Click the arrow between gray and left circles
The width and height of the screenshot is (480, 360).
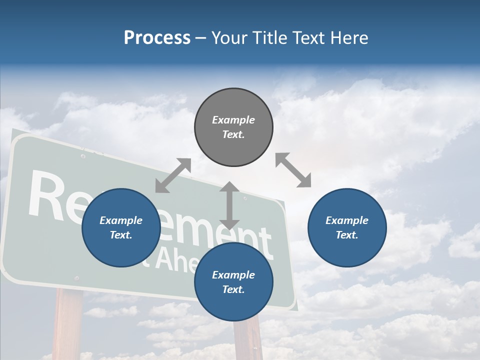[173, 175]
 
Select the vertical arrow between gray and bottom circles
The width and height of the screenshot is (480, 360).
[229, 205]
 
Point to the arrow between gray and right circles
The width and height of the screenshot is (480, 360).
[293, 170]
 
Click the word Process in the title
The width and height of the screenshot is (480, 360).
[157, 38]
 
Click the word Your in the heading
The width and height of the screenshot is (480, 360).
[228, 38]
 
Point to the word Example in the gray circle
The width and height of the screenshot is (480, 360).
[233, 120]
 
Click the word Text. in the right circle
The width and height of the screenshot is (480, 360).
[347, 235]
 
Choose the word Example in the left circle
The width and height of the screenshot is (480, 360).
[121, 220]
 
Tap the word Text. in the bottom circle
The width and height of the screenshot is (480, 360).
[233, 289]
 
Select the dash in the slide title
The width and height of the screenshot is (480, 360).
[201, 38]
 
